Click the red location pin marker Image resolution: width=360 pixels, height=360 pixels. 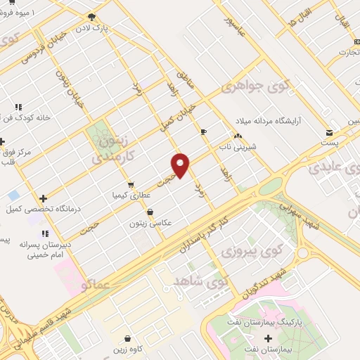tap(181, 165)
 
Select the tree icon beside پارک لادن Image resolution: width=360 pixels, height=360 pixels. tap(91, 17)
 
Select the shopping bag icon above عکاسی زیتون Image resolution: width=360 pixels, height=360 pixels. tap(149, 212)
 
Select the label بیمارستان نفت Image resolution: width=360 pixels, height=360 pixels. tap(260, 349)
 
